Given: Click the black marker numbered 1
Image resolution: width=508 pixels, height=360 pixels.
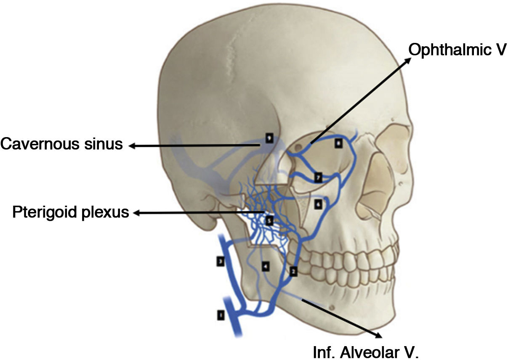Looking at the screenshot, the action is [220, 315].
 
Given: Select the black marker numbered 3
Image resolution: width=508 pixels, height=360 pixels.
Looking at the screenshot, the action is [220, 262].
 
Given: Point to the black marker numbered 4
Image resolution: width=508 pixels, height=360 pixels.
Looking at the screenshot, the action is [265, 266].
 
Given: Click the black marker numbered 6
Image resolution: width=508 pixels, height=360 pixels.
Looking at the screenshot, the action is [318, 204].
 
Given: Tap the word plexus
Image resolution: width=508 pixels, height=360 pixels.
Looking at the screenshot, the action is [106, 213].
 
